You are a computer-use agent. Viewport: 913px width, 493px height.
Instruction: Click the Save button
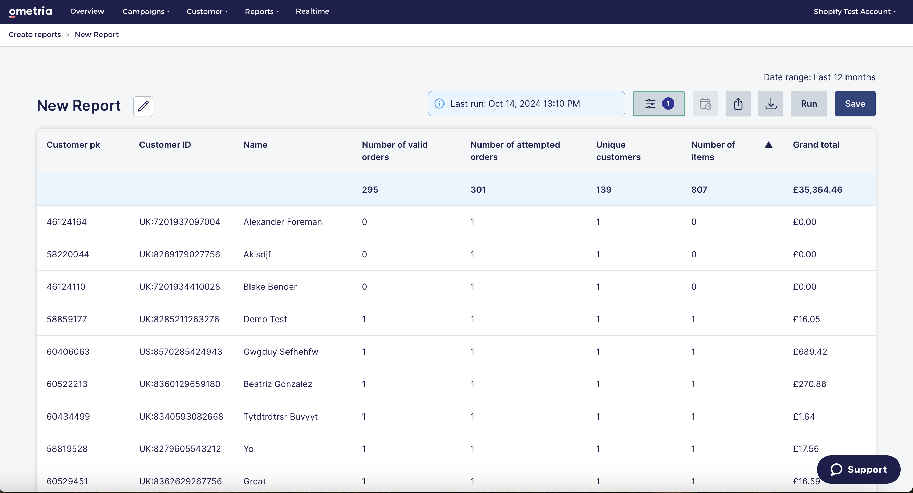point(855,104)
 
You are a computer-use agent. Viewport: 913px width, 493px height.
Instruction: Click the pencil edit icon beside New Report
point(143,106)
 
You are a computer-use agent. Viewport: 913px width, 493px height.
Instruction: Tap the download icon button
point(770,104)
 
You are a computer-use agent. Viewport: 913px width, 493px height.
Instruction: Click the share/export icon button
point(738,104)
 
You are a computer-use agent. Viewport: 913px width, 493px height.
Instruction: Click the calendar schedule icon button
point(705,104)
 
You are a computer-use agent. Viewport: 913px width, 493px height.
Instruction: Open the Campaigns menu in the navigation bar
point(146,11)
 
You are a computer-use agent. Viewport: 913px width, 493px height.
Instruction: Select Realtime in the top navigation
point(312,11)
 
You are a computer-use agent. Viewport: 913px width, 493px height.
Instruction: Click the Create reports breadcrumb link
point(35,34)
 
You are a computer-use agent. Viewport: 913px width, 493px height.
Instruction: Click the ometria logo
point(31,12)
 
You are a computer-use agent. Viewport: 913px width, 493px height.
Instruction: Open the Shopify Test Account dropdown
point(854,11)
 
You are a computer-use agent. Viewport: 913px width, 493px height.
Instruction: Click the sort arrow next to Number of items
point(768,145)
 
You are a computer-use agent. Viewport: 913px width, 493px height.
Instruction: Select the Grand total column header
point(816,145)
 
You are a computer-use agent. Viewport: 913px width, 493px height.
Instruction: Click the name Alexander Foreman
point(282,222)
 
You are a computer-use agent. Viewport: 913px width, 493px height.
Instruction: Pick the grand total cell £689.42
point(810,352)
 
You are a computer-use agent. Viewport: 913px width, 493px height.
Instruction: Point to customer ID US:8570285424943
point(180,352)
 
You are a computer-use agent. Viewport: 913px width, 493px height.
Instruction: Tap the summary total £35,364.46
point(817,190)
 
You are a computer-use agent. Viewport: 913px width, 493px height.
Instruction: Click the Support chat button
point(859,469)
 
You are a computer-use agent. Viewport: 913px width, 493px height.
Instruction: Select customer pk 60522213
point(67,384)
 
